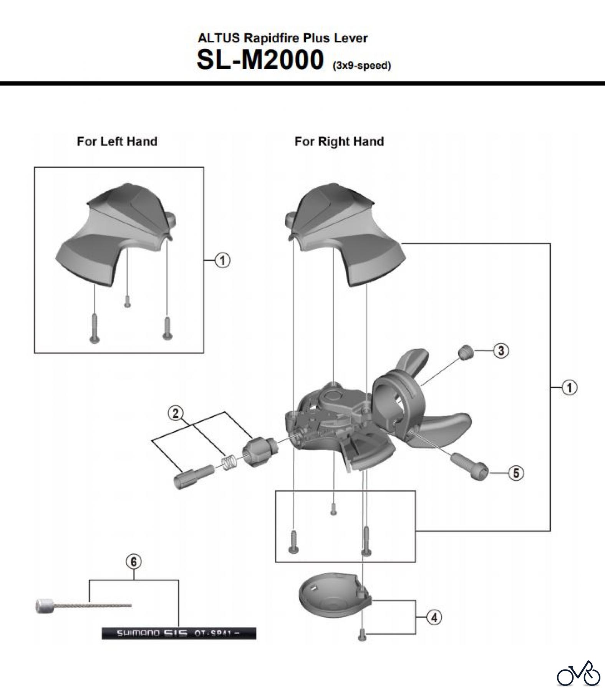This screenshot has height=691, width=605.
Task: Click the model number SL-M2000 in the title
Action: click(260, 60)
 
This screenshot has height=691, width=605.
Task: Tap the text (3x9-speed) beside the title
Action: click(361, 66)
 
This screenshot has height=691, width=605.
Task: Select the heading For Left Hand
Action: click(117, 141)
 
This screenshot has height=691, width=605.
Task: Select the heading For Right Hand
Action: click(339, 142)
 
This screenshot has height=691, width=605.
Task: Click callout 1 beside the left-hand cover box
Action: click(223, 260)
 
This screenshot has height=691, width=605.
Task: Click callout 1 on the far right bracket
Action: click(569, 388)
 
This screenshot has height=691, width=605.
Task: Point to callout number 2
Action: click(176, 413)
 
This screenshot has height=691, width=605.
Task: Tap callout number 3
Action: click(501, 351)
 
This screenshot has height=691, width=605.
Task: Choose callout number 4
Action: click(434, 618)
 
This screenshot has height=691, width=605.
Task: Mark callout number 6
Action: click(133, 562)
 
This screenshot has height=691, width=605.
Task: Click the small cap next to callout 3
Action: click(466, 351)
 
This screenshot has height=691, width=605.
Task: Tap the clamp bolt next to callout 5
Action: click(471, 465)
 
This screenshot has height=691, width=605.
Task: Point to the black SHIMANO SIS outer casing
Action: click(179, 633)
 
